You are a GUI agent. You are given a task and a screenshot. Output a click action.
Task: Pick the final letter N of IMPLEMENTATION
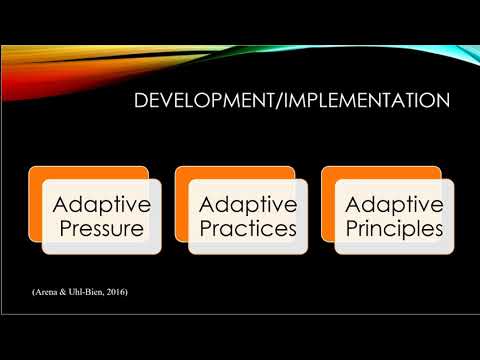click(x=442, y=101)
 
